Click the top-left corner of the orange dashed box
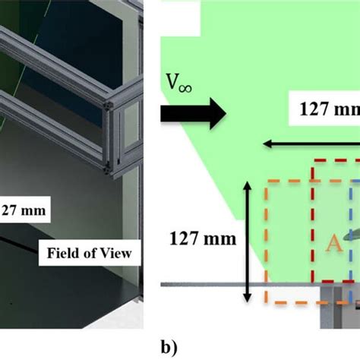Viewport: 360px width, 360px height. [x=267, y=182]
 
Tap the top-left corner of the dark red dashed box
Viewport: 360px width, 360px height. [x=314, y=162]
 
